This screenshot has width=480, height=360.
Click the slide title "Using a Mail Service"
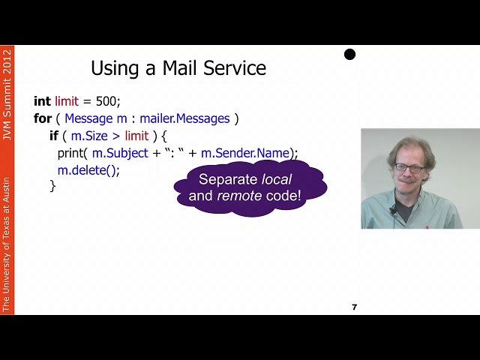pos(178,68)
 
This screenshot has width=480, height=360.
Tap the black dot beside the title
pos(349,54)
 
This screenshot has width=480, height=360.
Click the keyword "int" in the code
pos(43,100)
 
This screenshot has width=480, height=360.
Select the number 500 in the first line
pos(107,100)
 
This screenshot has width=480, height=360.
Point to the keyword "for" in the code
pos(42,118)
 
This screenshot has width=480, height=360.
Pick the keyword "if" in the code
pos(54,136)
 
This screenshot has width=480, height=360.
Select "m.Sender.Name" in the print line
pos(250,153)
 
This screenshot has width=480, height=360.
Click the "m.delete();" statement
pos(88,170)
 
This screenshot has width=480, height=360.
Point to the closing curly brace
pos(52,186)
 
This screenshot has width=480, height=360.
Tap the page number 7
pos(354,307)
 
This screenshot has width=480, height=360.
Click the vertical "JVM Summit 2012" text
pos(7,94)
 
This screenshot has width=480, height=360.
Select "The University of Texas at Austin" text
pos(7,244)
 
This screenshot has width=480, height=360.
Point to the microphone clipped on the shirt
pos(392,210)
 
